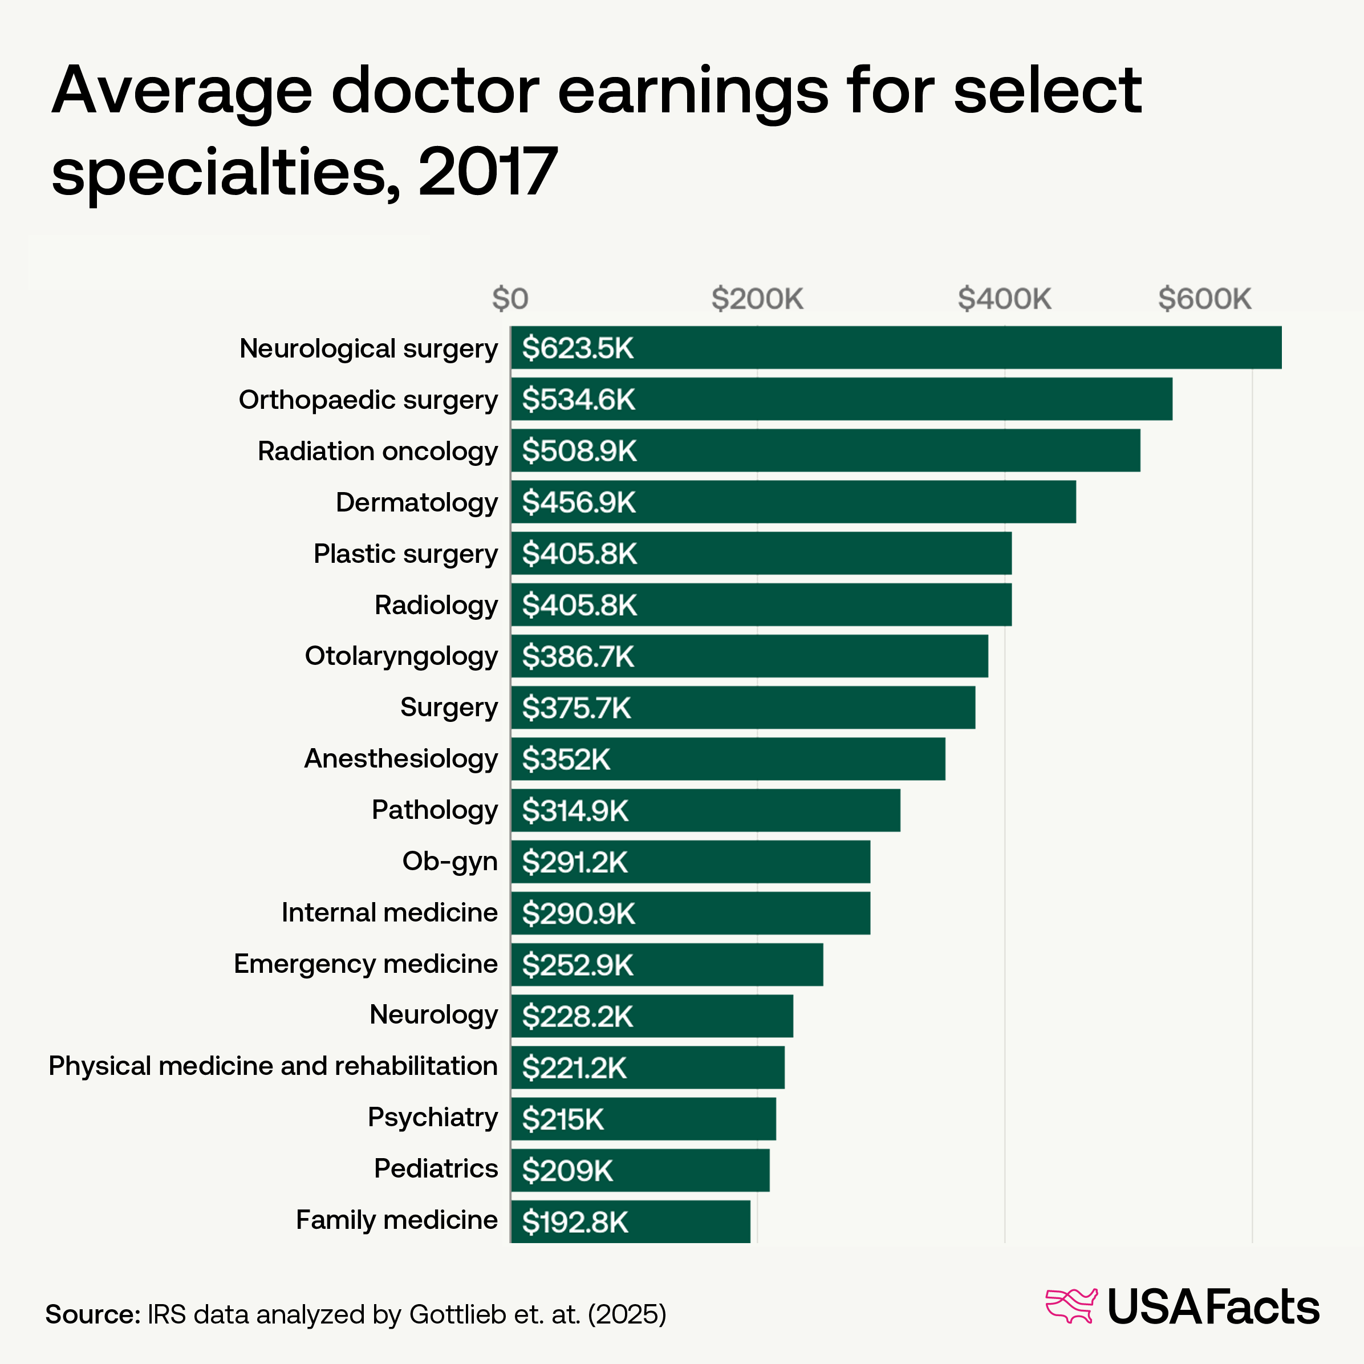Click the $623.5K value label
(578, 348)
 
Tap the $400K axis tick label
(1004, 299)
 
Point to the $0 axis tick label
(510, 299)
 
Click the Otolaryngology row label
(400, 656)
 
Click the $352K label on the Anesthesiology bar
(566, 759)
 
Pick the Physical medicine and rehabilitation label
(273, 1066)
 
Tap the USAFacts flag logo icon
(1070, 1306)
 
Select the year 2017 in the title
(487, 172)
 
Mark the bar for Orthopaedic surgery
(841, 399)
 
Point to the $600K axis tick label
(1204, 299)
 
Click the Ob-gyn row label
(450, 861)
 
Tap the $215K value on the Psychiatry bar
(563, 1119)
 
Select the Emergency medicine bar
(667, 964)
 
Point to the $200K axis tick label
(757, 299)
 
